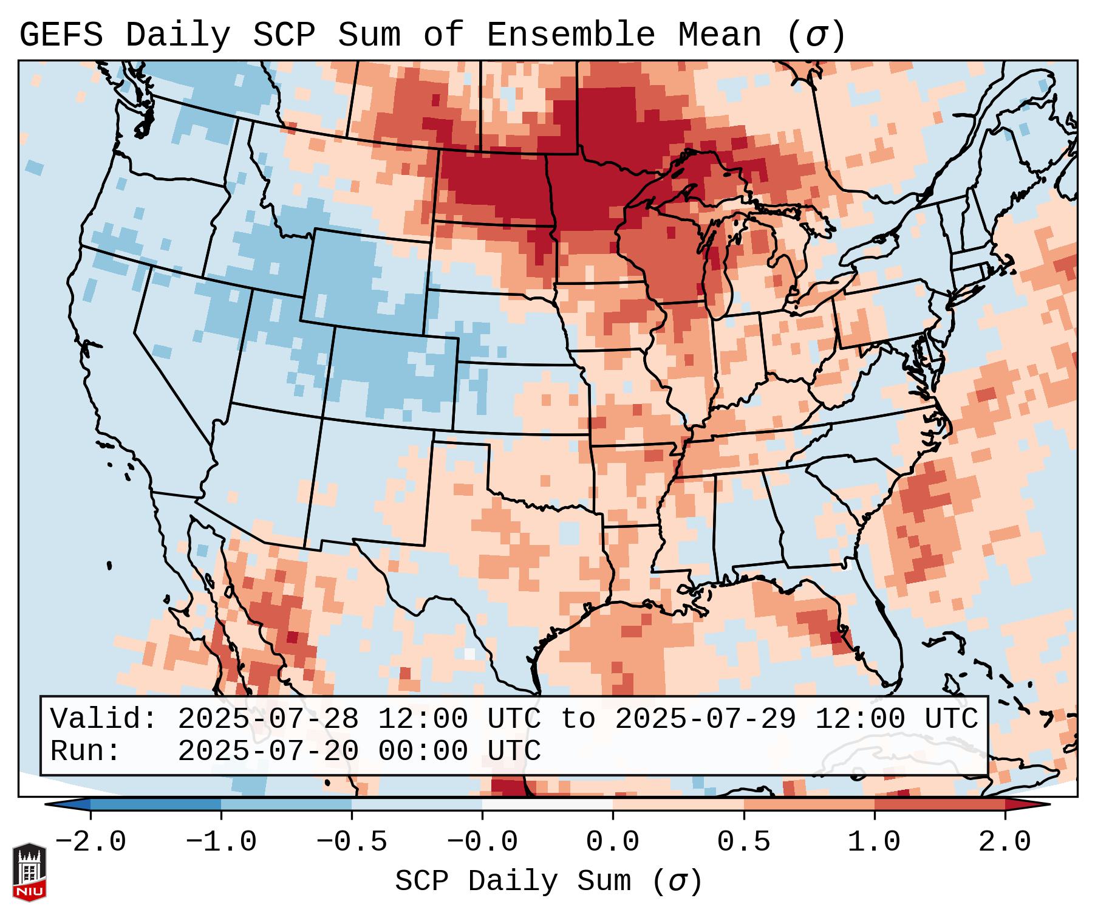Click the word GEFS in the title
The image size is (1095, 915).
[x=61, y=35]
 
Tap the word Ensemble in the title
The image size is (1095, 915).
[x=570, y=35]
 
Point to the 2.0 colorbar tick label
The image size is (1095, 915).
[x=1005, y=841]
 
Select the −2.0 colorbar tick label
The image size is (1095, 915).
[x=90, y=841]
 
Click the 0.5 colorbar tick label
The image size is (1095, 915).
[x=743, y=841]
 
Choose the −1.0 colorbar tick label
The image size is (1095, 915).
[x=221, y=841]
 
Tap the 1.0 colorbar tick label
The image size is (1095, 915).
[x=874, y=841]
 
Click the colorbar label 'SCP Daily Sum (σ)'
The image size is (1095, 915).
[x=548, y=882]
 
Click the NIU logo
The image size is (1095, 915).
[x=29, y=872]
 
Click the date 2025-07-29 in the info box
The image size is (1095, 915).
[x=705, y=719]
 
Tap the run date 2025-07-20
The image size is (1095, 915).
[x=268, y=751]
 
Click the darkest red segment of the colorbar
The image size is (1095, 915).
[x=940, y=804]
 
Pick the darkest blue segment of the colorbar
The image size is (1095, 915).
[x=155, y=804]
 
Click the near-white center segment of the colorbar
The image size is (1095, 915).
[x=547, y=804]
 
